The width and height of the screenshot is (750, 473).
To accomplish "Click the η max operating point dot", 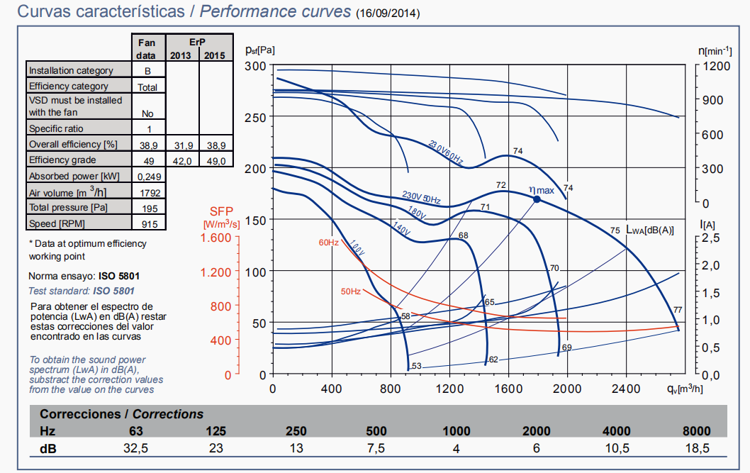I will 537,200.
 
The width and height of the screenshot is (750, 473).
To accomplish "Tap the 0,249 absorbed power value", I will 147,176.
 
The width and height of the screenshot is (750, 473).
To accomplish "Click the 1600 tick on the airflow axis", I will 508,389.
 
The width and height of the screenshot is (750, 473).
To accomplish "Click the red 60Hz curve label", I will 328,243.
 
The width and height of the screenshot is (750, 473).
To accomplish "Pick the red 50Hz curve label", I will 350,291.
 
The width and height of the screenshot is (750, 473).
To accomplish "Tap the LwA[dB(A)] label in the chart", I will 649,230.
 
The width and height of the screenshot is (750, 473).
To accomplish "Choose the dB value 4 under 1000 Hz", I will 456,448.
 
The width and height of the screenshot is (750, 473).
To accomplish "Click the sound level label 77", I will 678,310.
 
